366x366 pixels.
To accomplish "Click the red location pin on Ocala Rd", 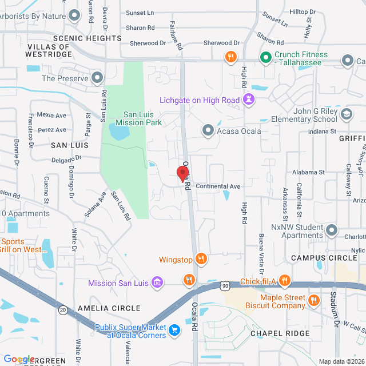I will coord(183,173).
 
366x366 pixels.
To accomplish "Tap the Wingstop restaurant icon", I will coord(200,258).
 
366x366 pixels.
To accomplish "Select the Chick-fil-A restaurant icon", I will coord(285,281).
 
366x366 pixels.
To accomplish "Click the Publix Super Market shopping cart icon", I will coord(174,330).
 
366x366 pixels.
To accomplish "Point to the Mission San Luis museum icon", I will coord(157,283).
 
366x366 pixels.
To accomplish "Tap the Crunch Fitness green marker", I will coord(265,57).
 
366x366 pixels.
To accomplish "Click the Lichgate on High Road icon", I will coord(249,100).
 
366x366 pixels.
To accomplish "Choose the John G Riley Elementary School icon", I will coord(346,115).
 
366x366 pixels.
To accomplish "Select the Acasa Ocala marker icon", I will coord(208,131).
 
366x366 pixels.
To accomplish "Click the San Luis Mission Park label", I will coord(138,118).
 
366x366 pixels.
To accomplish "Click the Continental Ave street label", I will coord(218,186).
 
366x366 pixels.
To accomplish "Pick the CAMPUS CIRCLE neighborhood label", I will coord(324,258).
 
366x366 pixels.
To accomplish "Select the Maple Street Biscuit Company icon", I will coord(313,300).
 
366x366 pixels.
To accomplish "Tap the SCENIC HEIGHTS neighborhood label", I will coord(87,38).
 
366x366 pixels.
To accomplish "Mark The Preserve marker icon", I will coord(98,78).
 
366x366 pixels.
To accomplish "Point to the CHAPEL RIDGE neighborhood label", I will coord(280,333).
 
